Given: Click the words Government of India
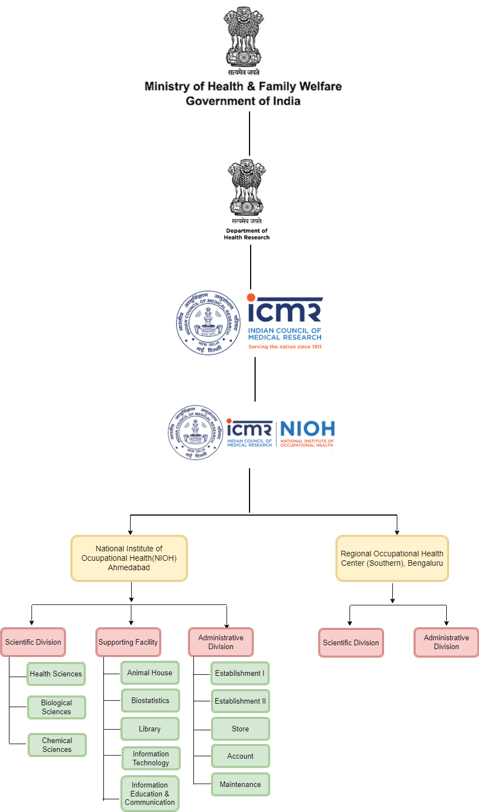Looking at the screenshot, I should click(243, 101).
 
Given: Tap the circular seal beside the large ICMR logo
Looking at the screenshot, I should click(208, 322).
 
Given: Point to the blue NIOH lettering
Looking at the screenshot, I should click(307, 429).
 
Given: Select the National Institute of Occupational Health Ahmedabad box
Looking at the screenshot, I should click(129, 558).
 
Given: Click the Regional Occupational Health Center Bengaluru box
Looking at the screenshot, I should click(392, 558).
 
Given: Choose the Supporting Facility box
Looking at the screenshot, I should click(128, 642).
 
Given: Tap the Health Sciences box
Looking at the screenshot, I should click(56, 674).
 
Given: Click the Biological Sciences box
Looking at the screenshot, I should click(57, 708).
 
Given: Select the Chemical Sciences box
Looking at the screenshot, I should click(57, 745).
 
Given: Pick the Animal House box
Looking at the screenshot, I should click(150, 672).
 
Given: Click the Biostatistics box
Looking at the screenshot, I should click(151, 701).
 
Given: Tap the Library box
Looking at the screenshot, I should click(150, 729).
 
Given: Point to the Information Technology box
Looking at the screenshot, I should click(151, 759).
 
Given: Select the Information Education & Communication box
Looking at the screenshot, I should click(150, 794).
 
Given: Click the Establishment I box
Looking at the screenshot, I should click(240, 673).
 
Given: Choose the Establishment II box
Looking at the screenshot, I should click(240, 701).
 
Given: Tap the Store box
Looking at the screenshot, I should click(240, 729).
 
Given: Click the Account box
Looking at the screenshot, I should click(240, 756).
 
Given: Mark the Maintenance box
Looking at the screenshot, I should click(240, 785).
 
